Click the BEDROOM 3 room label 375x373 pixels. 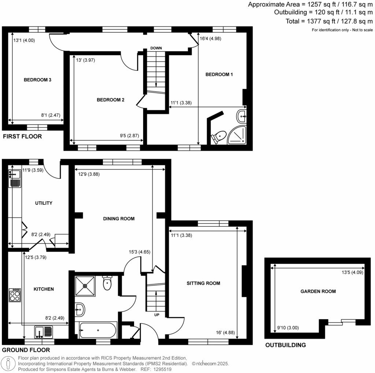pyautogui.click(x=37, y=80)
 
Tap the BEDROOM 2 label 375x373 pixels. pyautogui.click(x=111, y=100)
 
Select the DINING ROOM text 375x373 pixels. pyautogui.click(x=119, y=219)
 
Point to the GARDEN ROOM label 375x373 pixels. pyautogui.click(x=318, y=291)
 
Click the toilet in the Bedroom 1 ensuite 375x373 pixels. pyautogui.click(x=218, y=137)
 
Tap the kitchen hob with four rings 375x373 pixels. pyautogui.click(x=15, y=295)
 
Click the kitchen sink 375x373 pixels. pyautogui.click(x=44, y=332)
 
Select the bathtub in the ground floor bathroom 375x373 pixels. pyautogui.click(x=98, y=330)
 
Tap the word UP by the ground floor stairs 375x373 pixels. pyautogui.click(x=156, y=315)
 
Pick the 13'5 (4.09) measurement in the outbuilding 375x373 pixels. pyautogui.click(x=352, y=272)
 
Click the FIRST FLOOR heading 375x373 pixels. pyautogui.click(x=22, y=137)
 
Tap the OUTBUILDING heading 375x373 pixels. pyautogui.click(x=286, y=345)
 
